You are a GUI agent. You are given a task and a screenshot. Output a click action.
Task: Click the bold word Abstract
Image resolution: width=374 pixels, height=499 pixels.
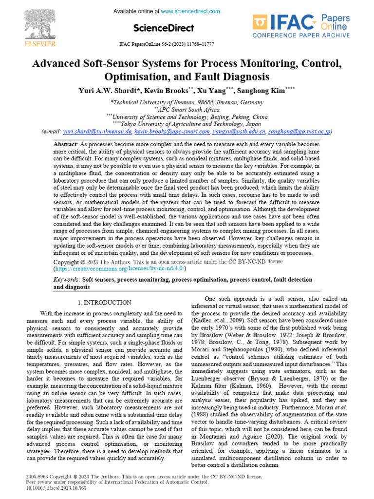point(65,145)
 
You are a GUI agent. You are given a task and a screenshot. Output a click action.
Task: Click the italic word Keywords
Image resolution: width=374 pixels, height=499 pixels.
point(66,280)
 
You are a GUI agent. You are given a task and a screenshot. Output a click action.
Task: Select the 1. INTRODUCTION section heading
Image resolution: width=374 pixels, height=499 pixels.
point(104,303)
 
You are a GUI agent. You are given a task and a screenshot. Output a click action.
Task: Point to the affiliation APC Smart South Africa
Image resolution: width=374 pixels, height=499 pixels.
point(187,110)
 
